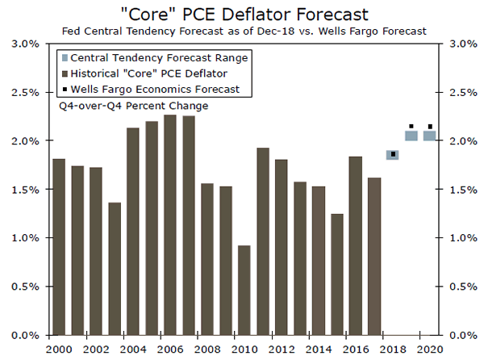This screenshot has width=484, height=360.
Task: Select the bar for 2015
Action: click(336, 274)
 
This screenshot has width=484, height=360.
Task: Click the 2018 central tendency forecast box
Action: click(393, 154)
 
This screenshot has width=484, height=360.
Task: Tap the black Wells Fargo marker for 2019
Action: click(411, 127)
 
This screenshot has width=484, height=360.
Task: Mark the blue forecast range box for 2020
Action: click(430, 136)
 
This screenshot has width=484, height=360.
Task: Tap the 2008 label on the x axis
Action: click(207, 348)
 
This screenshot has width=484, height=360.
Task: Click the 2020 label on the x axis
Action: click(429, 348)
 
